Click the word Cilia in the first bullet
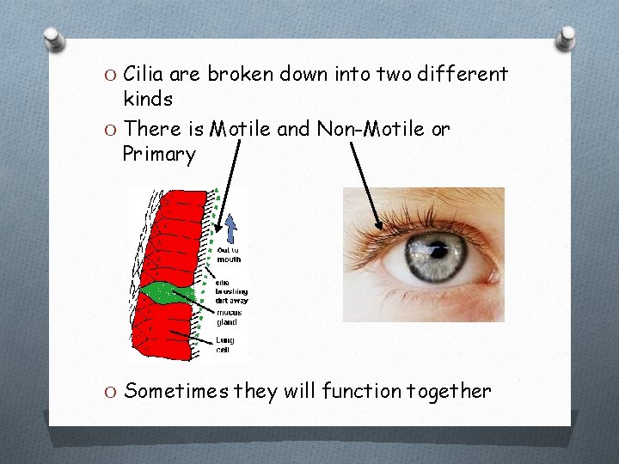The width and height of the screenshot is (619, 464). coord(146,74)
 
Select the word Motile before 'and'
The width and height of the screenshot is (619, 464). coord(240,129)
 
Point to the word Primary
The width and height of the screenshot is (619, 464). coord(159,155)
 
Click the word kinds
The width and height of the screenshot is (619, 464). coord(148,100)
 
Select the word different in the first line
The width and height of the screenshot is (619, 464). coord(463,74)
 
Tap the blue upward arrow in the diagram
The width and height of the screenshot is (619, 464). coord(230,226)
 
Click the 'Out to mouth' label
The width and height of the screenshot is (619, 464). coord(230,255)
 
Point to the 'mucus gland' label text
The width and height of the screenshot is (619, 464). coord(228,317)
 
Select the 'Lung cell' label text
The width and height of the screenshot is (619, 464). coord(225,345)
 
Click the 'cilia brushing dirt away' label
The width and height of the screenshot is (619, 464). coord(230,291)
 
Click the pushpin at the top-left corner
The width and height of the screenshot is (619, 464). coord(54,40)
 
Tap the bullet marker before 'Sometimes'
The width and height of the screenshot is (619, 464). coord(110,393)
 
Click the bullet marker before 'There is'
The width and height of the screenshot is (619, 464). coord(110,130)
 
